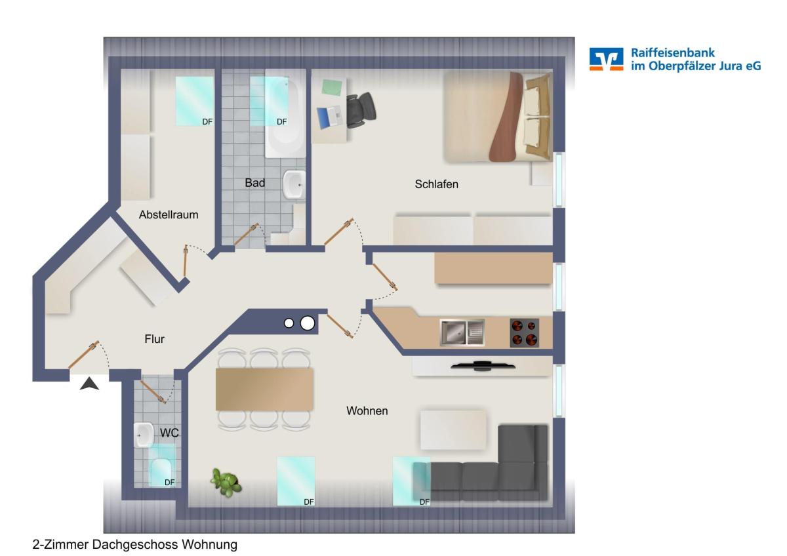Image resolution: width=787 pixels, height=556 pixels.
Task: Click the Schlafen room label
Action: tap(436, 184)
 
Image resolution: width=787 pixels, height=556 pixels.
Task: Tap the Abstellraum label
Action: tap(169, 214)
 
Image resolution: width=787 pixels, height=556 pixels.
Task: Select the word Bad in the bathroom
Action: tap(254, 183)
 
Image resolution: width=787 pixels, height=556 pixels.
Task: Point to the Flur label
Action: tap(154, 339)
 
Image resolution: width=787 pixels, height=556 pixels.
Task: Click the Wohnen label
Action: tap(367, 410)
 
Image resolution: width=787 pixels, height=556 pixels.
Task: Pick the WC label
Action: tap(169, 433)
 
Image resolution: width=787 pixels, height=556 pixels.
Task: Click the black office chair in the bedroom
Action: tap(361, 109)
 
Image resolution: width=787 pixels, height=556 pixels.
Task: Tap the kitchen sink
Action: tap(462, 332)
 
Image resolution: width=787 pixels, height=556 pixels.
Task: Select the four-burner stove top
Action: tap(524, 333)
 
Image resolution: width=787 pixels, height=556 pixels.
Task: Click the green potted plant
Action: tap(226, 482)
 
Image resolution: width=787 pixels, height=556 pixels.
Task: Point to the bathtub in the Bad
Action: tap(285, 113)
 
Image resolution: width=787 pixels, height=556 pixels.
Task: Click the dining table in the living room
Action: tap(264, 389)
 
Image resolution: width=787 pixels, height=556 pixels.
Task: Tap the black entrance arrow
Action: tap(89, 384)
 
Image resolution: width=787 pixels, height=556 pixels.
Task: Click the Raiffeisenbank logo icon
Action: tap(607, 59)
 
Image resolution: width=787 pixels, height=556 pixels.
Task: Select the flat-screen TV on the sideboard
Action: tap(483, 366)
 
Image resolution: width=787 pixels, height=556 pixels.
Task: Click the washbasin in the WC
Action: tap(144, 435)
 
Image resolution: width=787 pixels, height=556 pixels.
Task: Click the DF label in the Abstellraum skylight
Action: tap(207, 121)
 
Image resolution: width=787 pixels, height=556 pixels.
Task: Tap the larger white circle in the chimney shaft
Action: tap(308, 323)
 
